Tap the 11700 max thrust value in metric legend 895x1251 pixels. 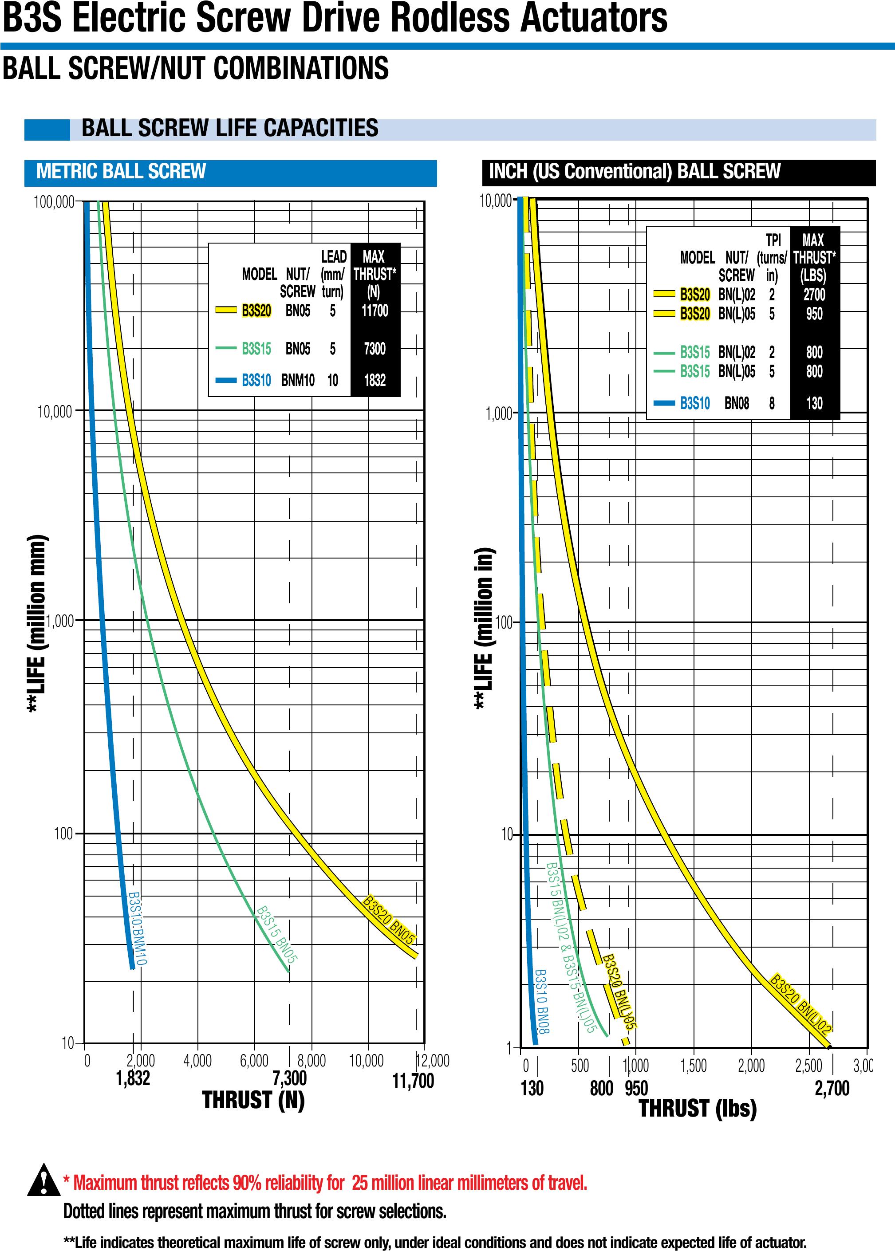[x=375, y=311]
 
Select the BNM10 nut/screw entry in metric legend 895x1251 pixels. [x=298, y=380]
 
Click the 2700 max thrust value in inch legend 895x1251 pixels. [x=814, y=295]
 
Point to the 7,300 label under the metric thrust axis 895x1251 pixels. [x=289, y=1078]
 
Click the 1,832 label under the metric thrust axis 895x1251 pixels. [x=133, y=1078]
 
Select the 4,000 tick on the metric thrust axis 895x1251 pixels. [x=197, y=1060]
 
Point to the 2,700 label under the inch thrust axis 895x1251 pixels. [x=832, y=1088]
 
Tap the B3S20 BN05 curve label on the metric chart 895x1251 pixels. [x=389, y=921]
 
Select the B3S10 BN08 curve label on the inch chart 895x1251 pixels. [x=542, y=1001]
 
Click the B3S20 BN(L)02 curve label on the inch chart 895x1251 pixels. [x=800, y=1003]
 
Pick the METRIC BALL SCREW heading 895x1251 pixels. [x=121, y=171]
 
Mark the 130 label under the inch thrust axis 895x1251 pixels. [x=532, y=1088]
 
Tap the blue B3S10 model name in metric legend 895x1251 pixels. [x=256, y=380]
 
